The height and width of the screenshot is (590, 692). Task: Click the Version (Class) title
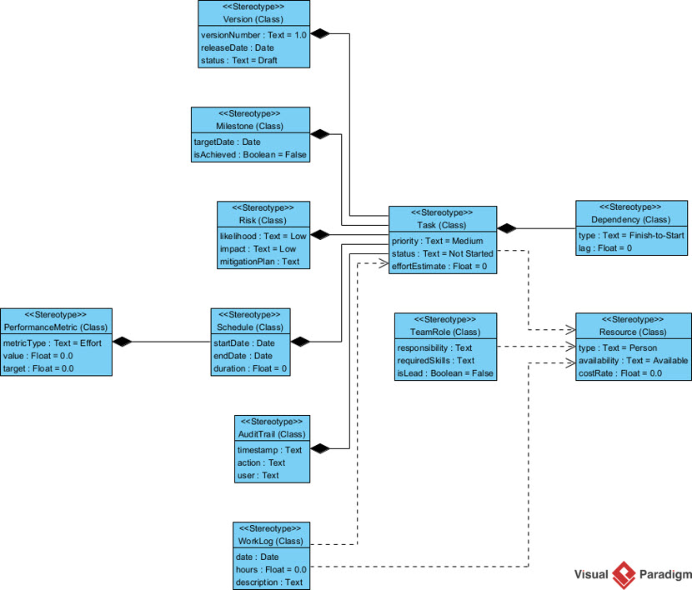[253, 18]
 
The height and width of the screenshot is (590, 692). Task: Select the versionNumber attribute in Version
[253, 35]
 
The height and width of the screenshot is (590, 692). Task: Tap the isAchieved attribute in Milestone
[250, 154]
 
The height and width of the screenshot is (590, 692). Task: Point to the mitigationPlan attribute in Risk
[259, 261]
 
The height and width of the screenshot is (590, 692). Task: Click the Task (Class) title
[443, 225]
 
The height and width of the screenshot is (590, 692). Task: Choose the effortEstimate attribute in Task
[442, 266]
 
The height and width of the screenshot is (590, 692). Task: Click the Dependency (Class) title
[630, 219]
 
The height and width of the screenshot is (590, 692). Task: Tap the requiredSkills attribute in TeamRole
[435, 360]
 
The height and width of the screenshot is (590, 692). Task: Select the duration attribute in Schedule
[250, 367]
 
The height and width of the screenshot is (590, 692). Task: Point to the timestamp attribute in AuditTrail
[269, 449]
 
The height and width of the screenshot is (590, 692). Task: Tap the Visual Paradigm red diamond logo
[624, 574]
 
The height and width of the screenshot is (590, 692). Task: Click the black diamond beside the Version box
[320, 33]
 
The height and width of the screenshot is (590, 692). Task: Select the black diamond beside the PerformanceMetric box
[123, 341]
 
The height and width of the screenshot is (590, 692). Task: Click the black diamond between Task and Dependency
[508, 227]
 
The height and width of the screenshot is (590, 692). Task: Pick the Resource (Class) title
[633, 332]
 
